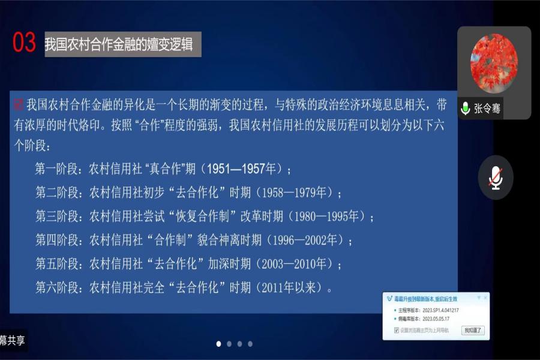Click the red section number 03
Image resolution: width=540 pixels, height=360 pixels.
25,43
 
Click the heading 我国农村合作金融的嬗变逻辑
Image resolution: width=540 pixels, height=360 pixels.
120,45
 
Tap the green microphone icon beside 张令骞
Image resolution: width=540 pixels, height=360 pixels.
465,109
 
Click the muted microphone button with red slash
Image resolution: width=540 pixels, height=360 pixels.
496,178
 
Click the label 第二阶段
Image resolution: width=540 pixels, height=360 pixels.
57,193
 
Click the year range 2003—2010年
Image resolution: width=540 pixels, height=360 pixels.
296,263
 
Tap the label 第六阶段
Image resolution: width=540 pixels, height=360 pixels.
57,287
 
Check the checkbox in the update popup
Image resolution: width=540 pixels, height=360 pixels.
397,330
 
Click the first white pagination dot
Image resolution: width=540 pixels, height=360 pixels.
218,344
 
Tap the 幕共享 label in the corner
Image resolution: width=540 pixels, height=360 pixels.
13,341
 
